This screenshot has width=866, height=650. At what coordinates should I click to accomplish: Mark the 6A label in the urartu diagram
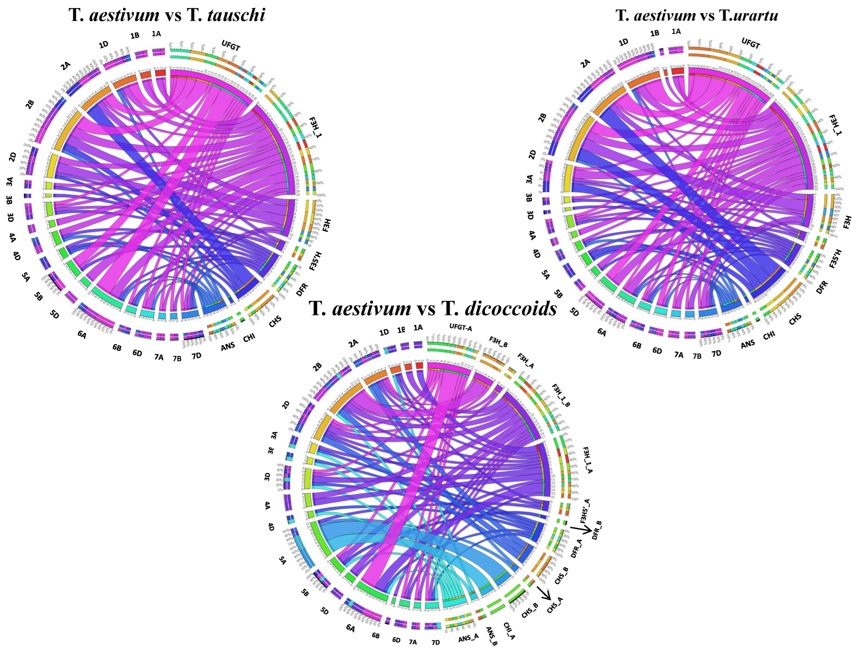pyautogui.click(x=602, y=333)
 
